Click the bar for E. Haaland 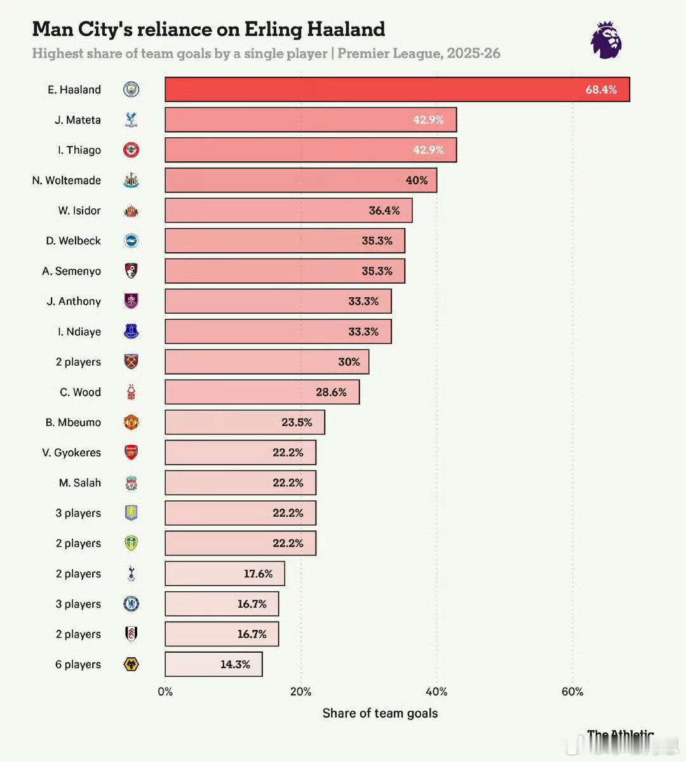pyautogui.click(x=397, y=90)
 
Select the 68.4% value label pyautogui.click(x=601, y=90)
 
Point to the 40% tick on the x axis pyautogui.click(x=436, y=692)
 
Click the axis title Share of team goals pyautogui.click(x=380, y=713)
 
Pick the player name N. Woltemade pyautogui.click(x=67, y=180)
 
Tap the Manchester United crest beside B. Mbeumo pyautogui.click(x=131, y=422)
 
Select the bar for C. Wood pyautogui.click(x=262, y=392)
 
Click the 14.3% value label pyautogui.click(x=235, y=664)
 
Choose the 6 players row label pyautogui.click(x=78, y=664)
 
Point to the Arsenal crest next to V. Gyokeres pyautogui.click(x=131, y=453)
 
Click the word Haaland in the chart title pyautogui.click(x=346, y=29)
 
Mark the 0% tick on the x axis pyautogui.click(x=165, y=692)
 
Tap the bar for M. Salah pyautogui.click(x=240, y=483)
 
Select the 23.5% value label pyautogui.click(x=297, y=422)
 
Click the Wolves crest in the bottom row pyautogui.click(x=131, y=664)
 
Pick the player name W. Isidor pyautogui.click(x=79, y=210)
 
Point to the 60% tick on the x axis pyautogui.click(x=572, y=692)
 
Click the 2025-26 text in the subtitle pyautogui.click(x=473, y=53)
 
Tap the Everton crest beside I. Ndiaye pyautogui.click(x=131, y=331)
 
